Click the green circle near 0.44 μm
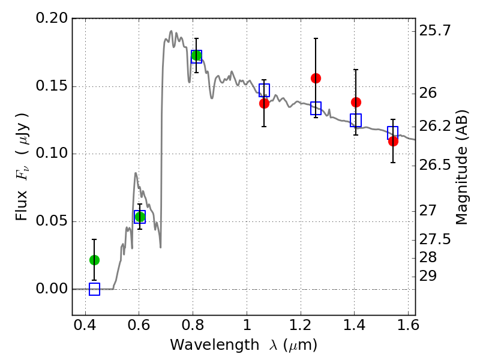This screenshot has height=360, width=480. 94,260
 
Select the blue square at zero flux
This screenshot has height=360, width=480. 94,289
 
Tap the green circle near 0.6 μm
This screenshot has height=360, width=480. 140,217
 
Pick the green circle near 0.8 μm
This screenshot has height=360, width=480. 196,56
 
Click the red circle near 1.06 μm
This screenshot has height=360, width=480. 264,103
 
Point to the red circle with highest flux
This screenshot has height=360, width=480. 316,78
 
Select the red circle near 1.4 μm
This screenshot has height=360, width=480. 356,102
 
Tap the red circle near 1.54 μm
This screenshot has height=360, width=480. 393,141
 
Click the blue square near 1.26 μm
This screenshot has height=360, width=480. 316,108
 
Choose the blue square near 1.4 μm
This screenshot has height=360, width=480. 356,120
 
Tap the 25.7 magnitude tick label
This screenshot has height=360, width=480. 437,30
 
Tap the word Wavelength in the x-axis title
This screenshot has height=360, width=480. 205,345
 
